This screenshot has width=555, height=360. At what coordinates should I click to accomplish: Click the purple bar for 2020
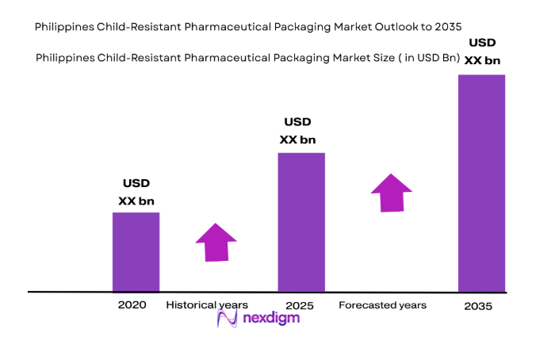coord(136,251)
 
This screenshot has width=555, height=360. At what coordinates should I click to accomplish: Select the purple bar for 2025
coord(301,221)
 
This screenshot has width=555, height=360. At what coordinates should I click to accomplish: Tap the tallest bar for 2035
coord(482,182)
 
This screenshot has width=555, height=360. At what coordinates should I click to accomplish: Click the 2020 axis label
coord(132,305)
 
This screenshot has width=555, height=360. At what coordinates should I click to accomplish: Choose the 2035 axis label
coord(478,306)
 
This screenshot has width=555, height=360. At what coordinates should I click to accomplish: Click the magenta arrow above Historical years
coord(216,242)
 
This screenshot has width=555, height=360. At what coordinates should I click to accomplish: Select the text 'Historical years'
coord(207,305)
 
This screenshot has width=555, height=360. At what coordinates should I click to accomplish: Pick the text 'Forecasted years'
coord(382,305)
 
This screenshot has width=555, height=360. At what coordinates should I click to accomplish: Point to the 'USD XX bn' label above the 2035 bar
coord(484,51)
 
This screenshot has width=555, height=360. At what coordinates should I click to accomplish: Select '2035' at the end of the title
coord(442,27)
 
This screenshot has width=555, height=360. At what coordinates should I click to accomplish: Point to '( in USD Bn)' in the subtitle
coord(431,56)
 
